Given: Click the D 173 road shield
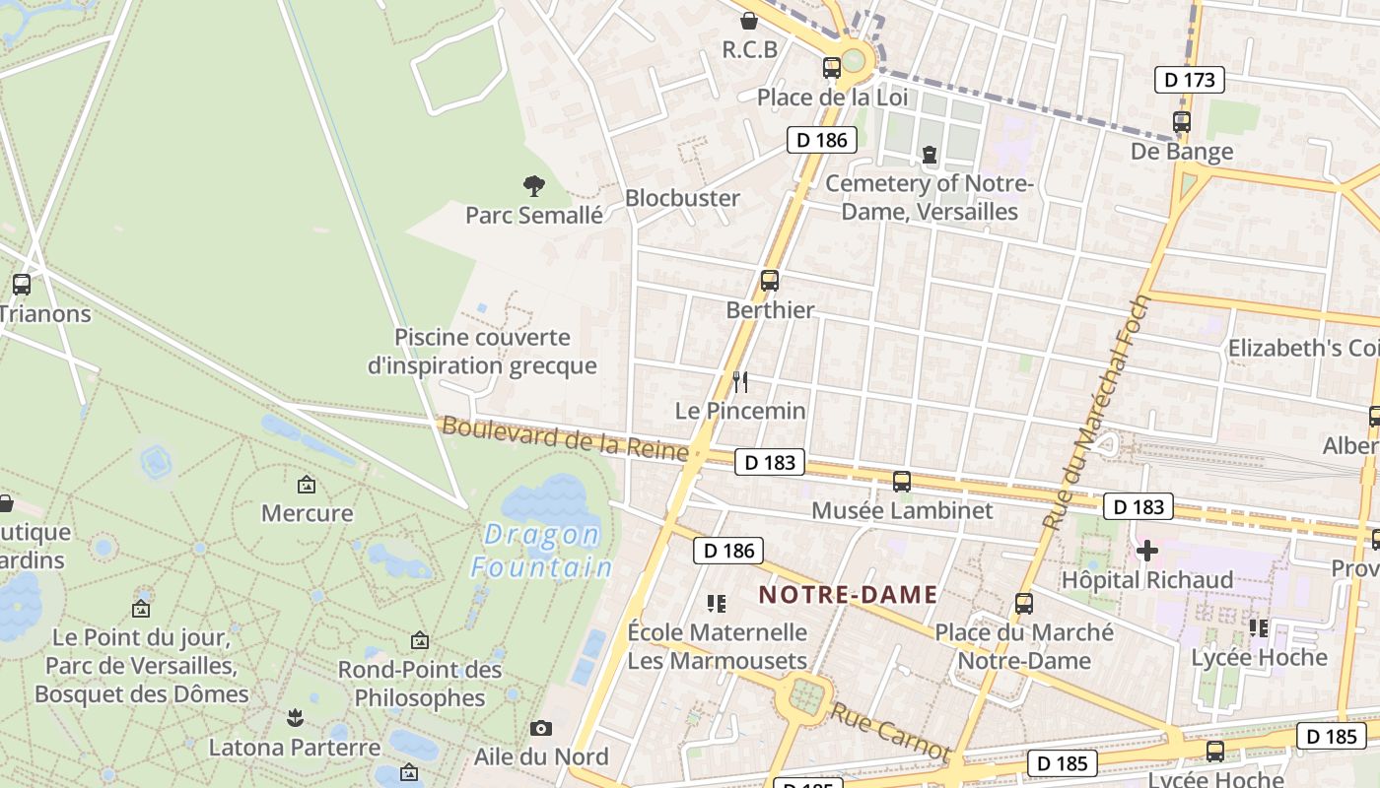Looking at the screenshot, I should pyautogui.click(x=1189, y=80).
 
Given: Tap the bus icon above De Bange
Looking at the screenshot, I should pyautogui.click(x=1181, y=122).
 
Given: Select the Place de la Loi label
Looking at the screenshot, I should pyautogui.click(x=832, y=98).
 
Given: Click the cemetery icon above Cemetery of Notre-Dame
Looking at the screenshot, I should pyautogui.click(x=929, y=154).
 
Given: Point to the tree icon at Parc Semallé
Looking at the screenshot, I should pyautogui.click(x=533, y=185).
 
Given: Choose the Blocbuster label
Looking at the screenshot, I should pyautogui.click(x=682, y=198).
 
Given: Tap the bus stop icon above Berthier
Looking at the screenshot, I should pyautogui.click(x=770, y=281).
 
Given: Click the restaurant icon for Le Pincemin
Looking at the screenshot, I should pyautogui.click(x=740, y=382).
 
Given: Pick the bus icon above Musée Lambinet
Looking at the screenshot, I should pyautogui.click(x=901, y=482).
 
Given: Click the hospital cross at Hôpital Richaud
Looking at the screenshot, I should pyautogui.click(x=1146, y=551).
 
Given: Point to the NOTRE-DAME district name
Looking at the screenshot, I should pyautogui.click(x=848, y=595).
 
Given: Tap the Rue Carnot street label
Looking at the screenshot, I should pyautogui.click(x=890, y=732).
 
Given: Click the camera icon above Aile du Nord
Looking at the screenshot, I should pyautogui.click(x=540, y=729).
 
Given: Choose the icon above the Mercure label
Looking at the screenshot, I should pyautogui.click(x=307, y=485).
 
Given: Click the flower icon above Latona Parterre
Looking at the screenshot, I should pyautogui.click(x=294, y=718).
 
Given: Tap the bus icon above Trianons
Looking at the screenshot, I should pyautogui.click(x=22, y=285).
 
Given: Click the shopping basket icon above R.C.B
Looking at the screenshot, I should pyautogui.click(x=749, y=21).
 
